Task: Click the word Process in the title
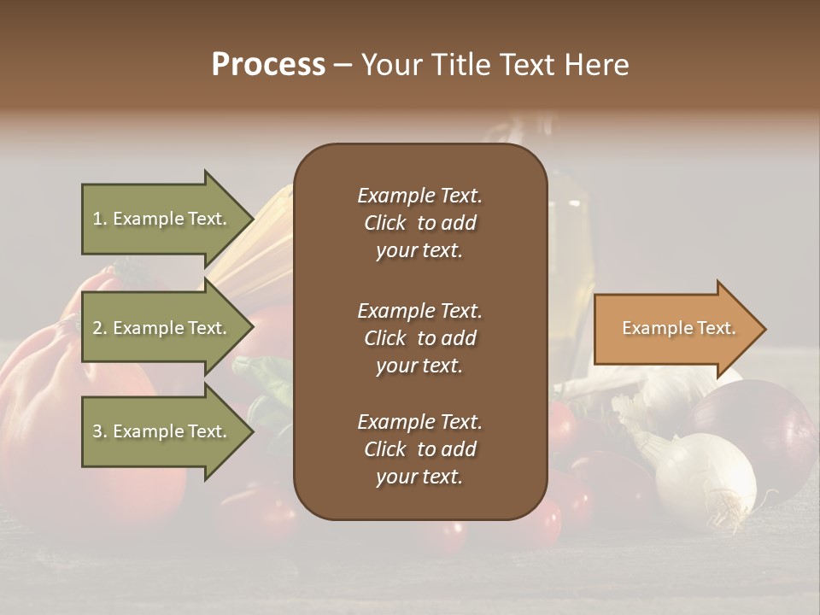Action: pos(268,65)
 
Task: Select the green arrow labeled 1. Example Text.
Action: pos(162,219)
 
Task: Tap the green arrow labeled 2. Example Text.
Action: pos(162,328)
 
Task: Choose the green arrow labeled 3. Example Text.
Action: pos(162,431)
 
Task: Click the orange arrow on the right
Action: pos(675,328)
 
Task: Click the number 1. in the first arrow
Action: pos(100,220)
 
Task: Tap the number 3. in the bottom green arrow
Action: pos(100,432)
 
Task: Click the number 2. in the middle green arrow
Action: pos(100,329)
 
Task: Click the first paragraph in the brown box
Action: pos(419,223)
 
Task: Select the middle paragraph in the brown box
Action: pos(419,338)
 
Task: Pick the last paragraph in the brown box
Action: pos(419,449)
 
